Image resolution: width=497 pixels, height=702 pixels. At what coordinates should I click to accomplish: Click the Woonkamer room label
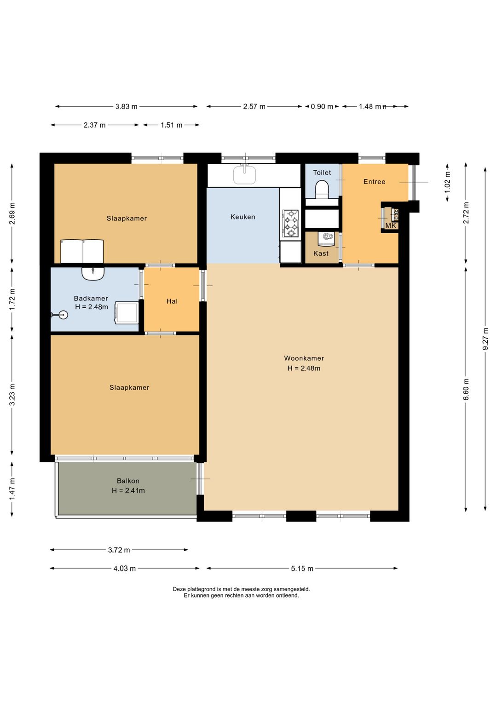tap(304, 358)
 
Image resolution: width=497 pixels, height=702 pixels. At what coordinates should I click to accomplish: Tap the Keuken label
tap(243, 217)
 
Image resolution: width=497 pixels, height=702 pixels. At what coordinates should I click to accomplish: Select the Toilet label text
tap(322, 173)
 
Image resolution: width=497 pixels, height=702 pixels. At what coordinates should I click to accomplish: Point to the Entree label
tap(375, 181)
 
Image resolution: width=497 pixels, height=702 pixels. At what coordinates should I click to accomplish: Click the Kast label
tap(321, 253)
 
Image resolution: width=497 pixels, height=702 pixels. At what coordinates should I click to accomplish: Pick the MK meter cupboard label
tap(391, 225)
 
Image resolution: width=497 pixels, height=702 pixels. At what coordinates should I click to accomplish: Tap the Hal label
tap(172, 301)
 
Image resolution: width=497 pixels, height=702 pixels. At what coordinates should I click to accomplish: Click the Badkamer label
tap(91, 298)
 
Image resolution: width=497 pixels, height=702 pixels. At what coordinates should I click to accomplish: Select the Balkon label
tap(128, 481)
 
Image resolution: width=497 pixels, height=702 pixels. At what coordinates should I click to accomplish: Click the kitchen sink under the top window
tap(244, 174)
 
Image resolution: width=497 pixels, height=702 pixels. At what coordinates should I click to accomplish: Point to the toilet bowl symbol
tap(322, 189)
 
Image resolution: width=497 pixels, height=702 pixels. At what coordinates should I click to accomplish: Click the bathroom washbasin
tap(93, 273)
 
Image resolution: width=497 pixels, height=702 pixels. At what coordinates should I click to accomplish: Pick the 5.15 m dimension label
tap(302, 569)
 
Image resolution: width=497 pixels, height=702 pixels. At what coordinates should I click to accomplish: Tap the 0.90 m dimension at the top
tap(322, 107)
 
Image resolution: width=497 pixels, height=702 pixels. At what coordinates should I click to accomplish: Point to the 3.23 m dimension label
tap(12, 395)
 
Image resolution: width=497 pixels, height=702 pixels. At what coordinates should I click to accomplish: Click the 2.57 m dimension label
tap(254, 107)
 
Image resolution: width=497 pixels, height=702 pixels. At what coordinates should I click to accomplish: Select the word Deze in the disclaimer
tap(179, 589)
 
